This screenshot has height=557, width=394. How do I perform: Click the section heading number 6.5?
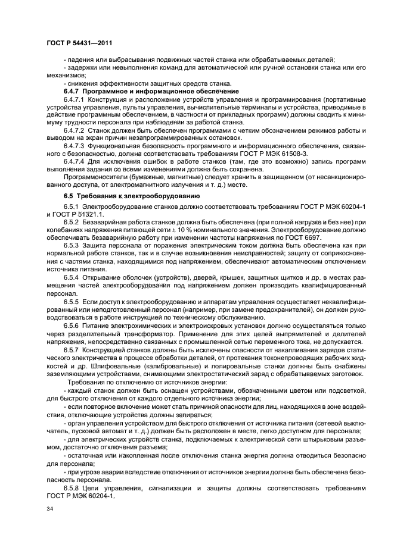69,196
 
